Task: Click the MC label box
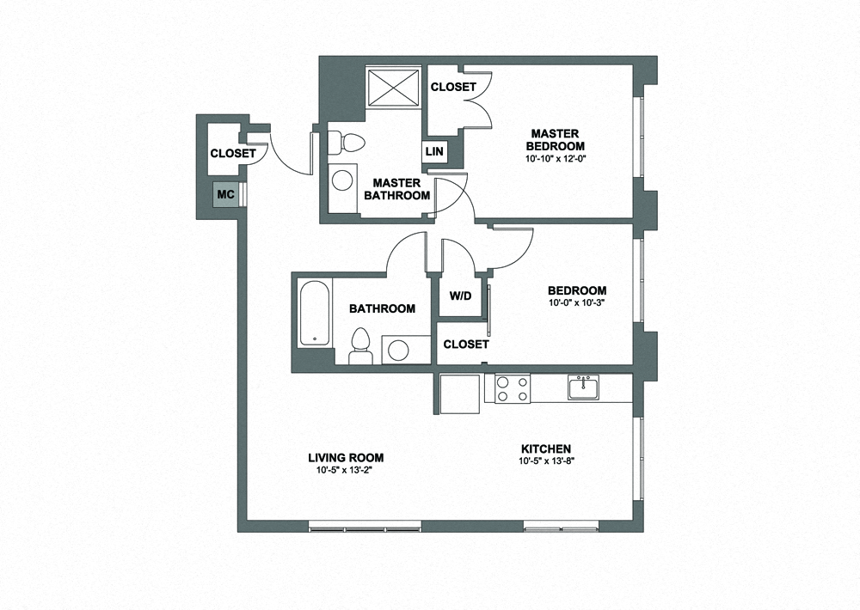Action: click(225, 194)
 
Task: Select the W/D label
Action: click(460, 296)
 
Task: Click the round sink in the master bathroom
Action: click(343, 180)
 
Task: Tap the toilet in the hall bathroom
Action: click(361, 343)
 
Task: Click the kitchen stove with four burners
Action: click(509, 388)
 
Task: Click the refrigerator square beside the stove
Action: click(461, 394)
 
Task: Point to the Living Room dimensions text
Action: click(348, 470)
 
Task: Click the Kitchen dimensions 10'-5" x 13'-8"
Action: click(546, 461)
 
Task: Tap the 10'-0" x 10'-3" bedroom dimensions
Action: click(577, 303)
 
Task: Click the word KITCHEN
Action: click(546, 449)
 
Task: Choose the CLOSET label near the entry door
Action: click(233, 154)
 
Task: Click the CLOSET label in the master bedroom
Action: click(453, 87)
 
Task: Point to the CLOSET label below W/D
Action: click(466, 344)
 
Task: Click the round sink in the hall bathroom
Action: click(397, 349)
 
